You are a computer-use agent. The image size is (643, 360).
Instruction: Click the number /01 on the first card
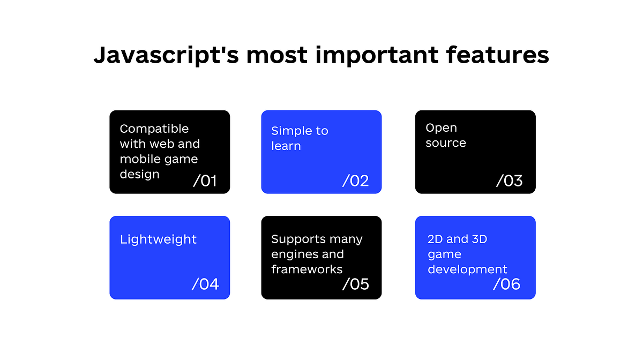click(x=205, y=181)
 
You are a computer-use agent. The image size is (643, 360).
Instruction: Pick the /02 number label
click(x=356, y=181)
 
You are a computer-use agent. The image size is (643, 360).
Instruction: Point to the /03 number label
click(x=510, y=181)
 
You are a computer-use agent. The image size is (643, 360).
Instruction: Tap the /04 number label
click(x=205, y=284)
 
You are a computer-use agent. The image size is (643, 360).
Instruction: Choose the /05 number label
click(x=356, y=284)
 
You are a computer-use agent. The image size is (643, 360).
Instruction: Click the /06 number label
click(x=507, y=284)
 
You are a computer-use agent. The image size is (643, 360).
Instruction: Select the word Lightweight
click(x=158, y=239)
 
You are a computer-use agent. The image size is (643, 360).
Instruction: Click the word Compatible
click(x=154, y=129)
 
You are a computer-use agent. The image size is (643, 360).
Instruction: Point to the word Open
click(x=441, y=128)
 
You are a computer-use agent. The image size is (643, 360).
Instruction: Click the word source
click(x=446, y=143)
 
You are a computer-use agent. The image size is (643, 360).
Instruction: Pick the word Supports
click(x=298, y=239)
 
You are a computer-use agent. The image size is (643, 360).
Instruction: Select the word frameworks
click(x=306, y=269)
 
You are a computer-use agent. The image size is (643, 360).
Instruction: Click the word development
click(x=467, y=269)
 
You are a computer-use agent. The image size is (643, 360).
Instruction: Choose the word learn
click(x=286, y=146)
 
